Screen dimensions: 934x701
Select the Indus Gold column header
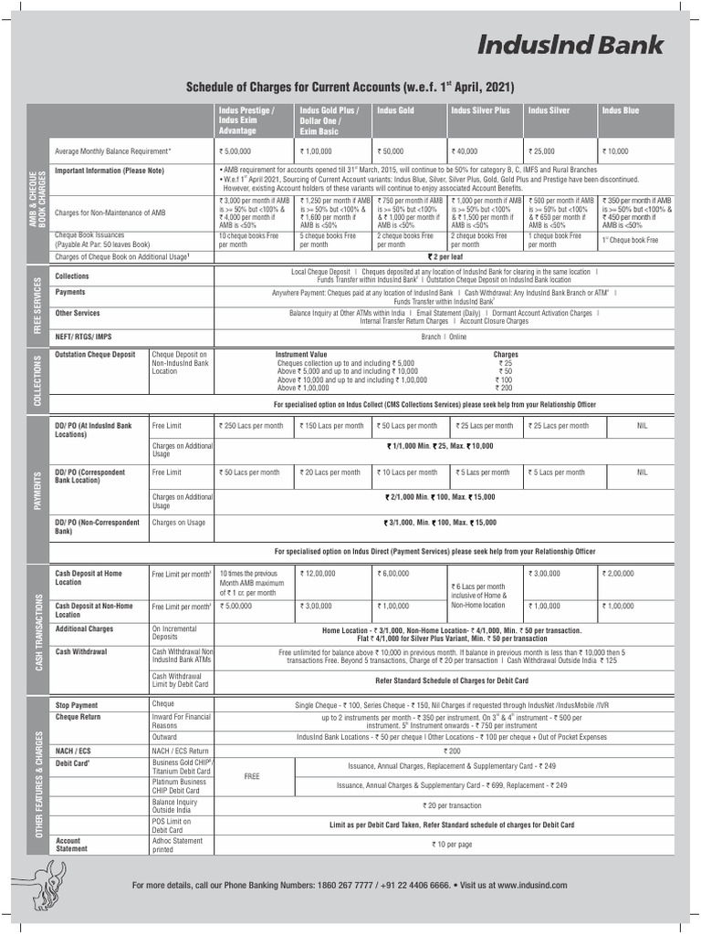coord(394,110)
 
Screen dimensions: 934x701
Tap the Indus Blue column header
coord(620,110)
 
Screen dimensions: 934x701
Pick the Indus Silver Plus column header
coord(480,110)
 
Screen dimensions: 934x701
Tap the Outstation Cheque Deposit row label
coord(96,354)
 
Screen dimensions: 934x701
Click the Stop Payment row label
coord(77,705)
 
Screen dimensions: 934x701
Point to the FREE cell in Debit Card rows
coord(253,777)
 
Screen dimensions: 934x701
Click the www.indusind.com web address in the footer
coord(534,885)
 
